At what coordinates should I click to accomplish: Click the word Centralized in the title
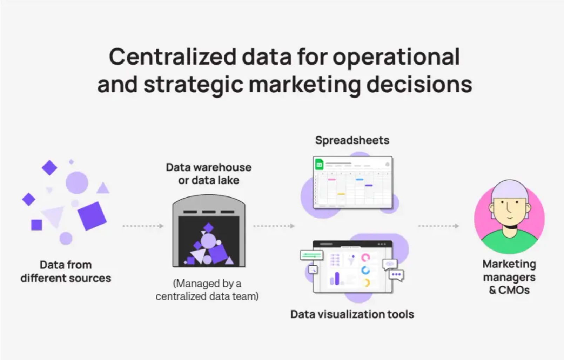172,57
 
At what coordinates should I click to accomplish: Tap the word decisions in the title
419,85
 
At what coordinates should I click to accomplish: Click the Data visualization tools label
352,314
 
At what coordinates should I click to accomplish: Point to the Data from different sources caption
66,272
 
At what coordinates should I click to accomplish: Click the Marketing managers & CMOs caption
509,277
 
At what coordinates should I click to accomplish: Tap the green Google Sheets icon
319,165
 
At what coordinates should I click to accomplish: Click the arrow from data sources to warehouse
143,226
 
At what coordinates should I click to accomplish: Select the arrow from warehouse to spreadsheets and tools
274,226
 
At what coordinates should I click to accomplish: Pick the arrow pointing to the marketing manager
439,226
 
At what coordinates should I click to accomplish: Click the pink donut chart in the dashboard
365,258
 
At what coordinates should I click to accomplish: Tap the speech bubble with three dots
397,275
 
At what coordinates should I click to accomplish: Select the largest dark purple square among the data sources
92,216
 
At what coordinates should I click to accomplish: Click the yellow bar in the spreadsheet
341,194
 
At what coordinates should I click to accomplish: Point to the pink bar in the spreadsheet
332,180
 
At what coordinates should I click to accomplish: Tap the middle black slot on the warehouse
209,212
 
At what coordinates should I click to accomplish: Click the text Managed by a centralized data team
207,290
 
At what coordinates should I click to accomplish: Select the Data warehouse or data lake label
209,174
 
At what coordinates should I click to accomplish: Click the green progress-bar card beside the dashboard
311,255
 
